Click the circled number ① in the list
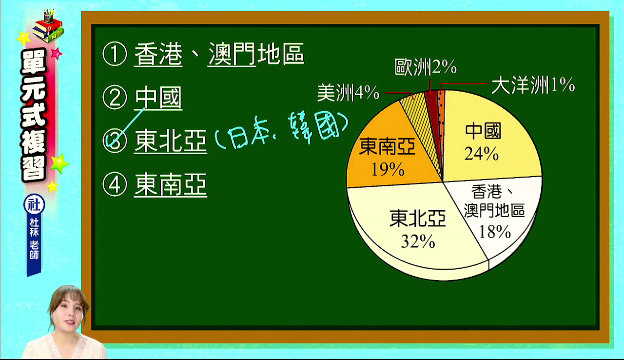(x=115, y=54)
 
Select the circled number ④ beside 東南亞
(x=115, y=184)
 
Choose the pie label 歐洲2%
(x=426, y=67)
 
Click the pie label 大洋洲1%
(x=533, y=85)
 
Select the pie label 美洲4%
(x=348, y=93)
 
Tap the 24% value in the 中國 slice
(x=481, y=154)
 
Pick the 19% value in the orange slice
(x=388, y=169)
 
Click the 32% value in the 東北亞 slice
(x=418, y=241)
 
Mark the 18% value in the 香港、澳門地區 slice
(x=495, y=232)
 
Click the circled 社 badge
(x=34, y=204)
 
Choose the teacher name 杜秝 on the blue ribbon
(x=34, y=227)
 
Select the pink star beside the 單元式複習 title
(x=56, y=53)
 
